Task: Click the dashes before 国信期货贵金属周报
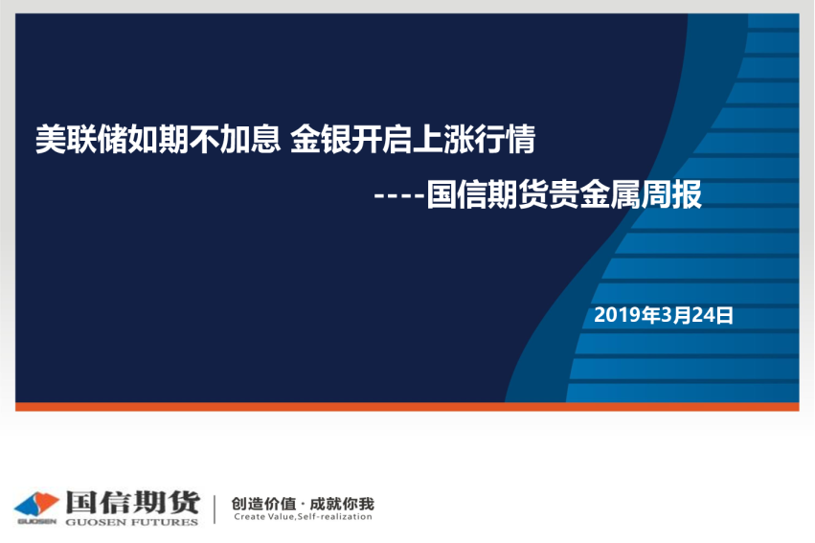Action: (399, 196)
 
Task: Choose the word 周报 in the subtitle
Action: (671, 194)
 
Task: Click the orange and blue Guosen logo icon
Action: (36, 504)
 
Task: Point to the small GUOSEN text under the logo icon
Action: (36, 521)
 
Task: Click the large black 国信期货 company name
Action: (132, 502)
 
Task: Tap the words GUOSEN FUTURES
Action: (132, 522)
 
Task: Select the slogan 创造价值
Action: (263, 504)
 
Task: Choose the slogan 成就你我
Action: (342, 504)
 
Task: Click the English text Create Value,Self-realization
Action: (303, 516)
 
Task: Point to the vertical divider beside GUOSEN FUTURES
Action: (215, 509)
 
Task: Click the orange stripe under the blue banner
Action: (407, 406)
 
